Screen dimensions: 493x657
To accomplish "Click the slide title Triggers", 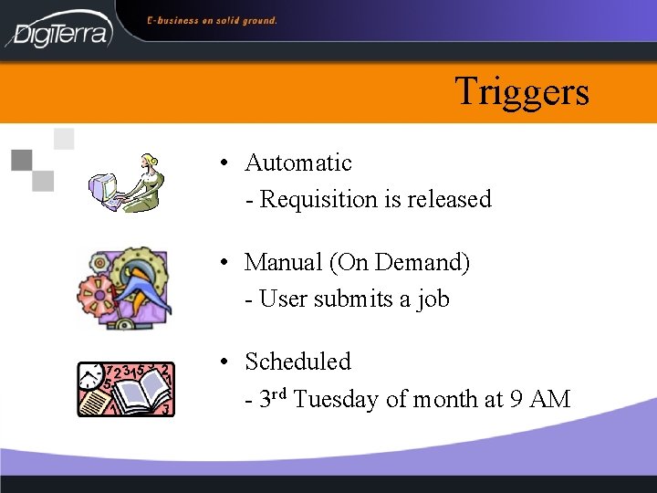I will coord(522,92).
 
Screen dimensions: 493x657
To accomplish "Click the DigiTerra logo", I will coord(60,30).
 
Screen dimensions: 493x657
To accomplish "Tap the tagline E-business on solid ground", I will coord(212,20).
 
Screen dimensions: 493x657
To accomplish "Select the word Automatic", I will coord(297,163).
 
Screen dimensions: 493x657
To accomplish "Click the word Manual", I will coord(283,263).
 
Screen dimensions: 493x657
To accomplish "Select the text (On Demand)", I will coord(400,263).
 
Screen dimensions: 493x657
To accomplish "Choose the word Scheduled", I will coord(297,362).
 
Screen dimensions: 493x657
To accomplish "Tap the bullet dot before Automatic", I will coord(224,164).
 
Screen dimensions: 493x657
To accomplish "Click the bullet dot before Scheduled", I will coord(224,362).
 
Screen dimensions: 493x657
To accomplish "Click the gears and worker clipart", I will coord(124,287).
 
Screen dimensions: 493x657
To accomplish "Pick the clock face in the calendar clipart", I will coord(92,375).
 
